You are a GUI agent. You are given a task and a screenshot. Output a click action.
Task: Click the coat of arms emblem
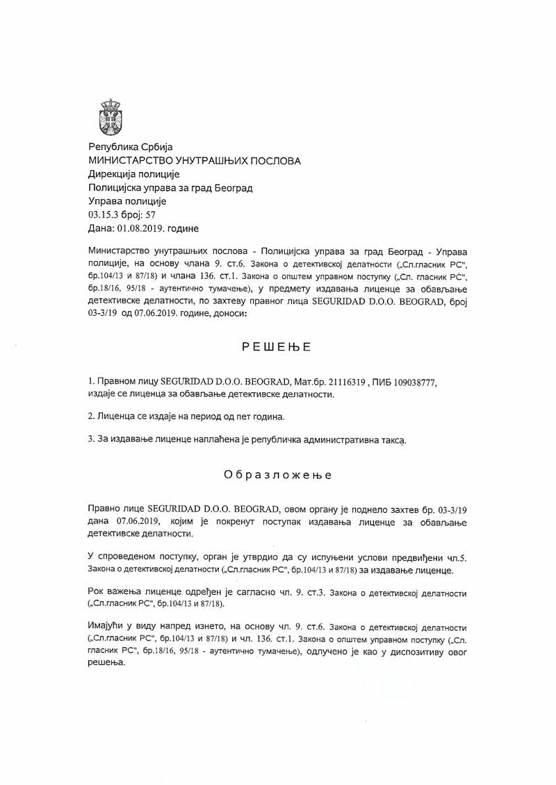click(x=111, y=115)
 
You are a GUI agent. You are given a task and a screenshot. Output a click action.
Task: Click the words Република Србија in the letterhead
click(x=124, y=147)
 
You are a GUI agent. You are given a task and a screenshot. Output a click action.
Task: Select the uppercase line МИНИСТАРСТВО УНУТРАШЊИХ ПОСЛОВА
click(x=194, y=161)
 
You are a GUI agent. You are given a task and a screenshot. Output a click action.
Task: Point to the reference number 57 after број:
click(x=150, y=215)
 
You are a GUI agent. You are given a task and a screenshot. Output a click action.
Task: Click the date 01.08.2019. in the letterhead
click(x=136, y=229)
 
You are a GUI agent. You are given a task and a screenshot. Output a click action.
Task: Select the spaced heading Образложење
click(x=277, y=475)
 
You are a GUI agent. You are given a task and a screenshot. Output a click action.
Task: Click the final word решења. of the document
click(x=107, y=665)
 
